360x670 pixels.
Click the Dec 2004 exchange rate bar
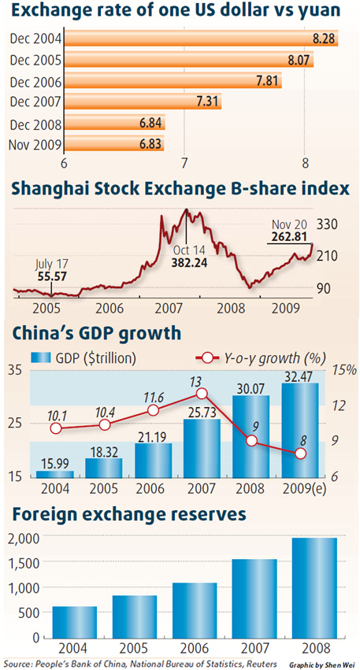(x=197, y=38)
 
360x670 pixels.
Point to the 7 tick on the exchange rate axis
(x=184, y=163)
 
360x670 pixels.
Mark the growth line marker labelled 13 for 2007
(x=202, y=394)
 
